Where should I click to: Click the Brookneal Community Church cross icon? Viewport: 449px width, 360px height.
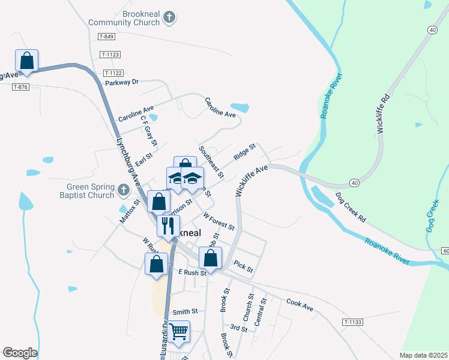(169, 17)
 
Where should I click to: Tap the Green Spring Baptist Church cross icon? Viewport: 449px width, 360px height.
(124, 190)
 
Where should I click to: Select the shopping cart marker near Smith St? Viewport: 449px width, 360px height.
(179, 331)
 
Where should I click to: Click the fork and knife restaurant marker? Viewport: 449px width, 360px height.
(167, 226)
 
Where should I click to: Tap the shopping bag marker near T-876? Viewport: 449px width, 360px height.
(26, 61)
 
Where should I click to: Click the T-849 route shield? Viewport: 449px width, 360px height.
(106, 37)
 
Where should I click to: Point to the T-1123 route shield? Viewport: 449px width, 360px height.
(111, 55)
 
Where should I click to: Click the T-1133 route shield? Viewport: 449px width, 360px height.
(353, 322)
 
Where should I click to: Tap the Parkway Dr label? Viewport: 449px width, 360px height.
(121, 82)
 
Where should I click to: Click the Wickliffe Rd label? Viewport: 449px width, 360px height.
(384, 113)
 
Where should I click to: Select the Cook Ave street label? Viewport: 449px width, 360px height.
(300, 305)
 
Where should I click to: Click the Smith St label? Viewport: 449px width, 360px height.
(185, 311)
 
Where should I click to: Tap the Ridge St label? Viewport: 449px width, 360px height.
(245, 151)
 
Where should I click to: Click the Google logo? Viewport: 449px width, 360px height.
(20, 353)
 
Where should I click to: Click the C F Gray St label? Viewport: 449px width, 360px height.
(148, 131)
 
